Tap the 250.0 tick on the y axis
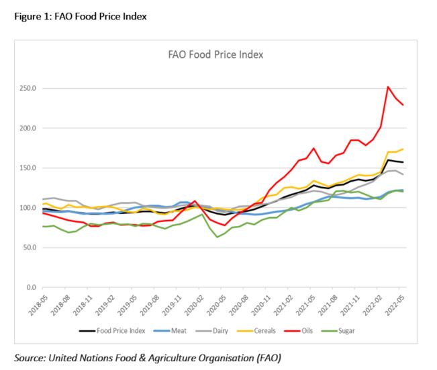coord(30,88)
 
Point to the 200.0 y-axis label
coord(30,128)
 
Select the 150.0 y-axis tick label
coord(30,168)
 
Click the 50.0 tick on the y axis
coord(31,248)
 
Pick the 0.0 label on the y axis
coord(34,287)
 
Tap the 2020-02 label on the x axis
coord(188,305)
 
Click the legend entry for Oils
coord(303,330)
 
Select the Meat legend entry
coord(174,330)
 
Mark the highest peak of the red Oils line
coord(388,87)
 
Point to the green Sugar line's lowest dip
coord(217,237)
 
